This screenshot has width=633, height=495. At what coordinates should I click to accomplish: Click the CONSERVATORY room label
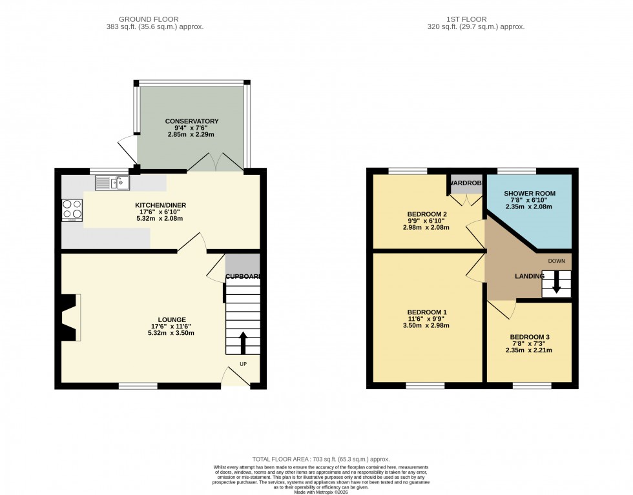192,121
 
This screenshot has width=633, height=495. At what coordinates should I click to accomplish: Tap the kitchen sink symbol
112,183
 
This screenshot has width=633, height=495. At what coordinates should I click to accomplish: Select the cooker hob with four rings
72,210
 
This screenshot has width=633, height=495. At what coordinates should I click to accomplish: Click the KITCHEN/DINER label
160,205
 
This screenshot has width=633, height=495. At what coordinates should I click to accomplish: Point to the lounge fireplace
70,317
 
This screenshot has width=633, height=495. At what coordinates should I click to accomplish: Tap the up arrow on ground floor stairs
243,343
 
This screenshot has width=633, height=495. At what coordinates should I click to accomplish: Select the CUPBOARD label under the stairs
243,277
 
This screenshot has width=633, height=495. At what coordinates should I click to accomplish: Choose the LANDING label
530,276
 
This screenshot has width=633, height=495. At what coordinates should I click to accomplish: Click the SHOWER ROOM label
530,194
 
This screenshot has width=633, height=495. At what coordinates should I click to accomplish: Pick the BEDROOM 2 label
427,214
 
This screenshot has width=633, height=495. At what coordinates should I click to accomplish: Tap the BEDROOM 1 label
427,312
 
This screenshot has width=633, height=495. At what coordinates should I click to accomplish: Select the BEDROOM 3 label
530,337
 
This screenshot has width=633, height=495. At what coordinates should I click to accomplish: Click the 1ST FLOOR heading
475,19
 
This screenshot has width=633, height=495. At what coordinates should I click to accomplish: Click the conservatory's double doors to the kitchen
215,163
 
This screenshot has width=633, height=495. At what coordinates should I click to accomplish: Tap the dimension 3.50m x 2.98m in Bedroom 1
427,325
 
